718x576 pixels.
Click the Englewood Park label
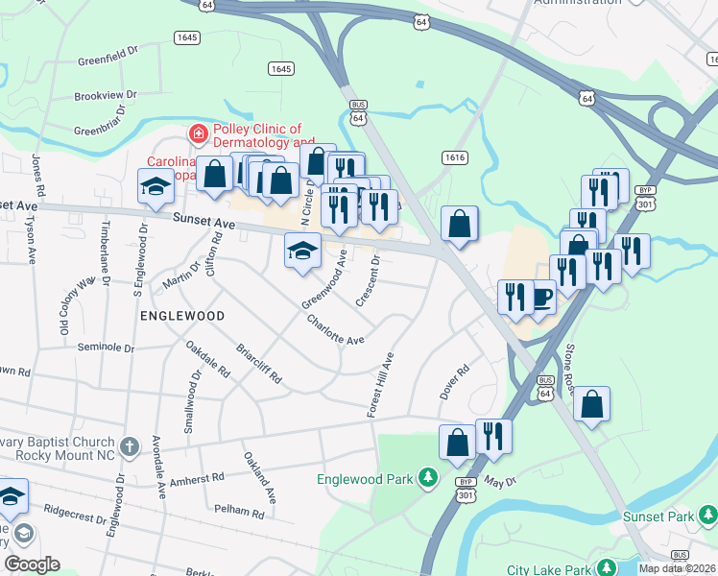366,478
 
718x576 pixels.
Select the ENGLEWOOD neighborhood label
182,315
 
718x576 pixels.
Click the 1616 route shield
455,156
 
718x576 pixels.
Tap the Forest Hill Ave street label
381,384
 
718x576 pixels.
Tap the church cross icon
132,446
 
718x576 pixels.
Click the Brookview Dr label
106,97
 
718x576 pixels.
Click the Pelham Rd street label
239,513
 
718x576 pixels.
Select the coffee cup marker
539,298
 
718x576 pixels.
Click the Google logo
33,564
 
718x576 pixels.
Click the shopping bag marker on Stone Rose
592,406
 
